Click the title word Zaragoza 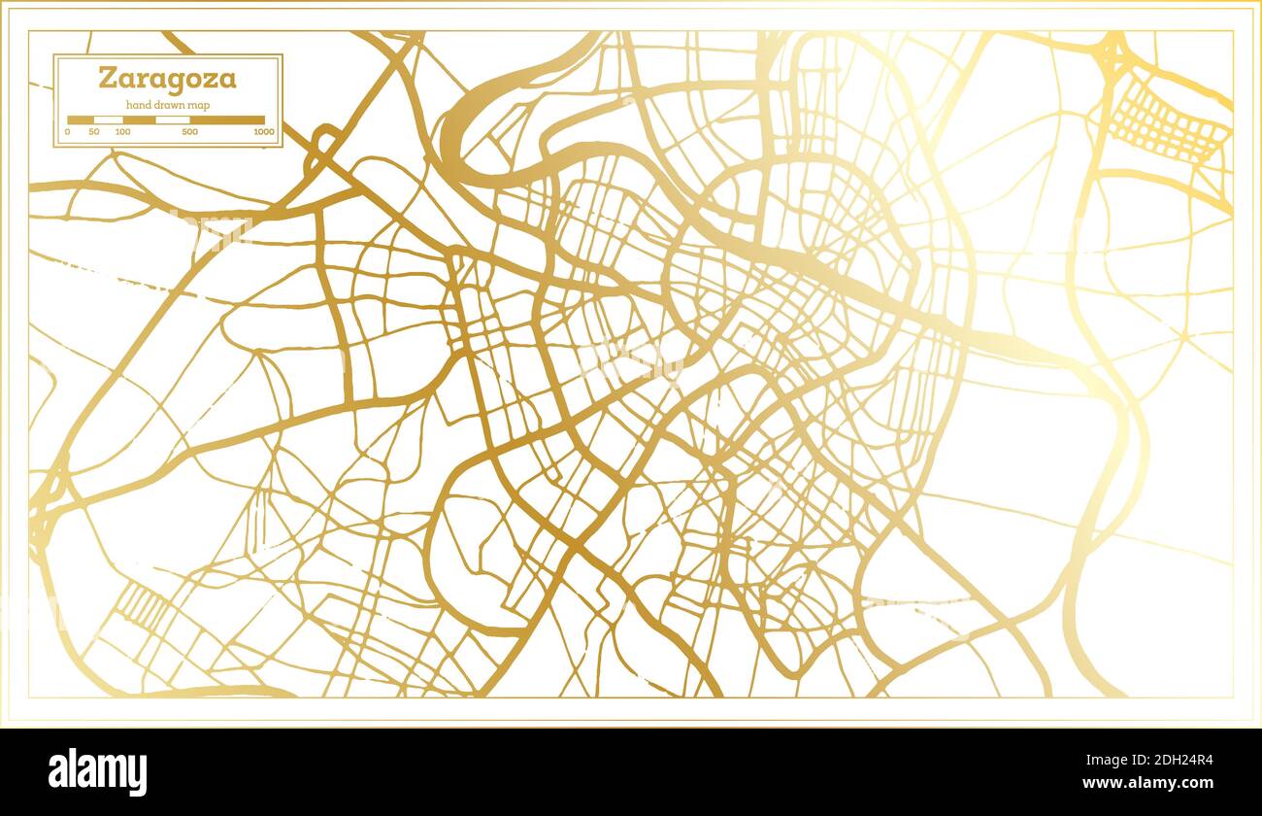pos(167,78)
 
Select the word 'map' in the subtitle pos(199,105)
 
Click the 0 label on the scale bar pos(68,131)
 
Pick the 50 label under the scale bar pos(94,131)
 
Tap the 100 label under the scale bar pos(122,131)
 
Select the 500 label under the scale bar pos(189,131)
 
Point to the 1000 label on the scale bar pos(262,131)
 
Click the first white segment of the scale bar pos(108,120)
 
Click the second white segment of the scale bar pos(173,120)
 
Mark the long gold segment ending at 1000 pos(227,120)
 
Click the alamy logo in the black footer pos(98,771)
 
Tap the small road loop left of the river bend pos(324,146)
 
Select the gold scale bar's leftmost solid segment pos(81,120)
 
